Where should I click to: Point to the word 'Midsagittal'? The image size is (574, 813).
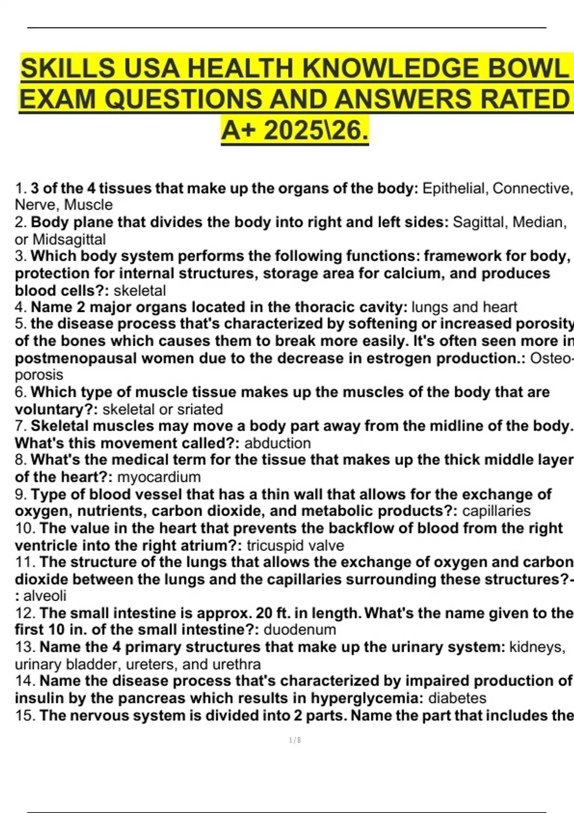69,239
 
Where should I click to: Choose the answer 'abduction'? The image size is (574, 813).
277,443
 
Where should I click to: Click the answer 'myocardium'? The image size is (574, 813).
159,477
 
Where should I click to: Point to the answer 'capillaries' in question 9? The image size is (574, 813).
497,511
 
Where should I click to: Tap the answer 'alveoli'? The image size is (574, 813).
45,596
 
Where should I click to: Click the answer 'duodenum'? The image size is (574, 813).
300,629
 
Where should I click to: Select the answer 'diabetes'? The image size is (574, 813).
457,698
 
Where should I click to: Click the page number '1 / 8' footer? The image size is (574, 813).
295,740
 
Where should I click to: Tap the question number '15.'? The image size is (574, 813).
25,715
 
